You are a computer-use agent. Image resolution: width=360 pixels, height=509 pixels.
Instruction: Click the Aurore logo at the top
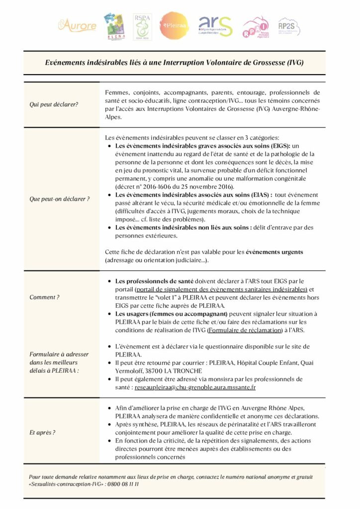coord(77,26)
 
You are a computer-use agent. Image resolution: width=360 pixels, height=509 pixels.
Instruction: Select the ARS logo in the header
coord(215,26)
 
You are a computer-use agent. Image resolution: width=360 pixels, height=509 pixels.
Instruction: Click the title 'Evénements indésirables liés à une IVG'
coord(175,63)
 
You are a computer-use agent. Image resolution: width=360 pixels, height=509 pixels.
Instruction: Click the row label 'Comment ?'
coord(45,297)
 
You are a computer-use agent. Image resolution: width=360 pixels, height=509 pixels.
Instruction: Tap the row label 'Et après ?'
coord(43,432)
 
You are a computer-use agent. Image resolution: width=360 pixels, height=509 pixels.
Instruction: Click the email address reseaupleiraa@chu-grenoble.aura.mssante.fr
coord(195,387)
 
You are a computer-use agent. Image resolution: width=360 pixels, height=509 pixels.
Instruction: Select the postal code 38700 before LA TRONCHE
coord(171,371)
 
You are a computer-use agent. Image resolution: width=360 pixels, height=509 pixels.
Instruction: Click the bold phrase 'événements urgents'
coord(274,252)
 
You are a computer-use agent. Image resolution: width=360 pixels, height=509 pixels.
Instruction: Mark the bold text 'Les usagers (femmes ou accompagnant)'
coord(171,314)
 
